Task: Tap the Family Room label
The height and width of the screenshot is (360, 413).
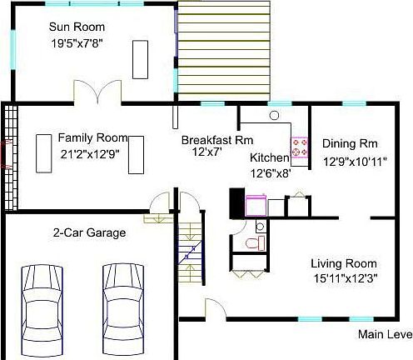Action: pos(92,137)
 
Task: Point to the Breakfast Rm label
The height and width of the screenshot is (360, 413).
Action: pos(217,140)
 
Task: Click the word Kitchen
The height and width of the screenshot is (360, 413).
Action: pos(270,157)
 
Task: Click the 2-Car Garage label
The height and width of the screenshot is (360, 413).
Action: pos(89,233)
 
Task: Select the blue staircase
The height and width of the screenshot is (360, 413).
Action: pos(190,250)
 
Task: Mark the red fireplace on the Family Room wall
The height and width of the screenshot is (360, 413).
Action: pos(5,154)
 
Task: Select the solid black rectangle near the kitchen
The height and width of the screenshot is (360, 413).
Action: pos(236,202)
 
